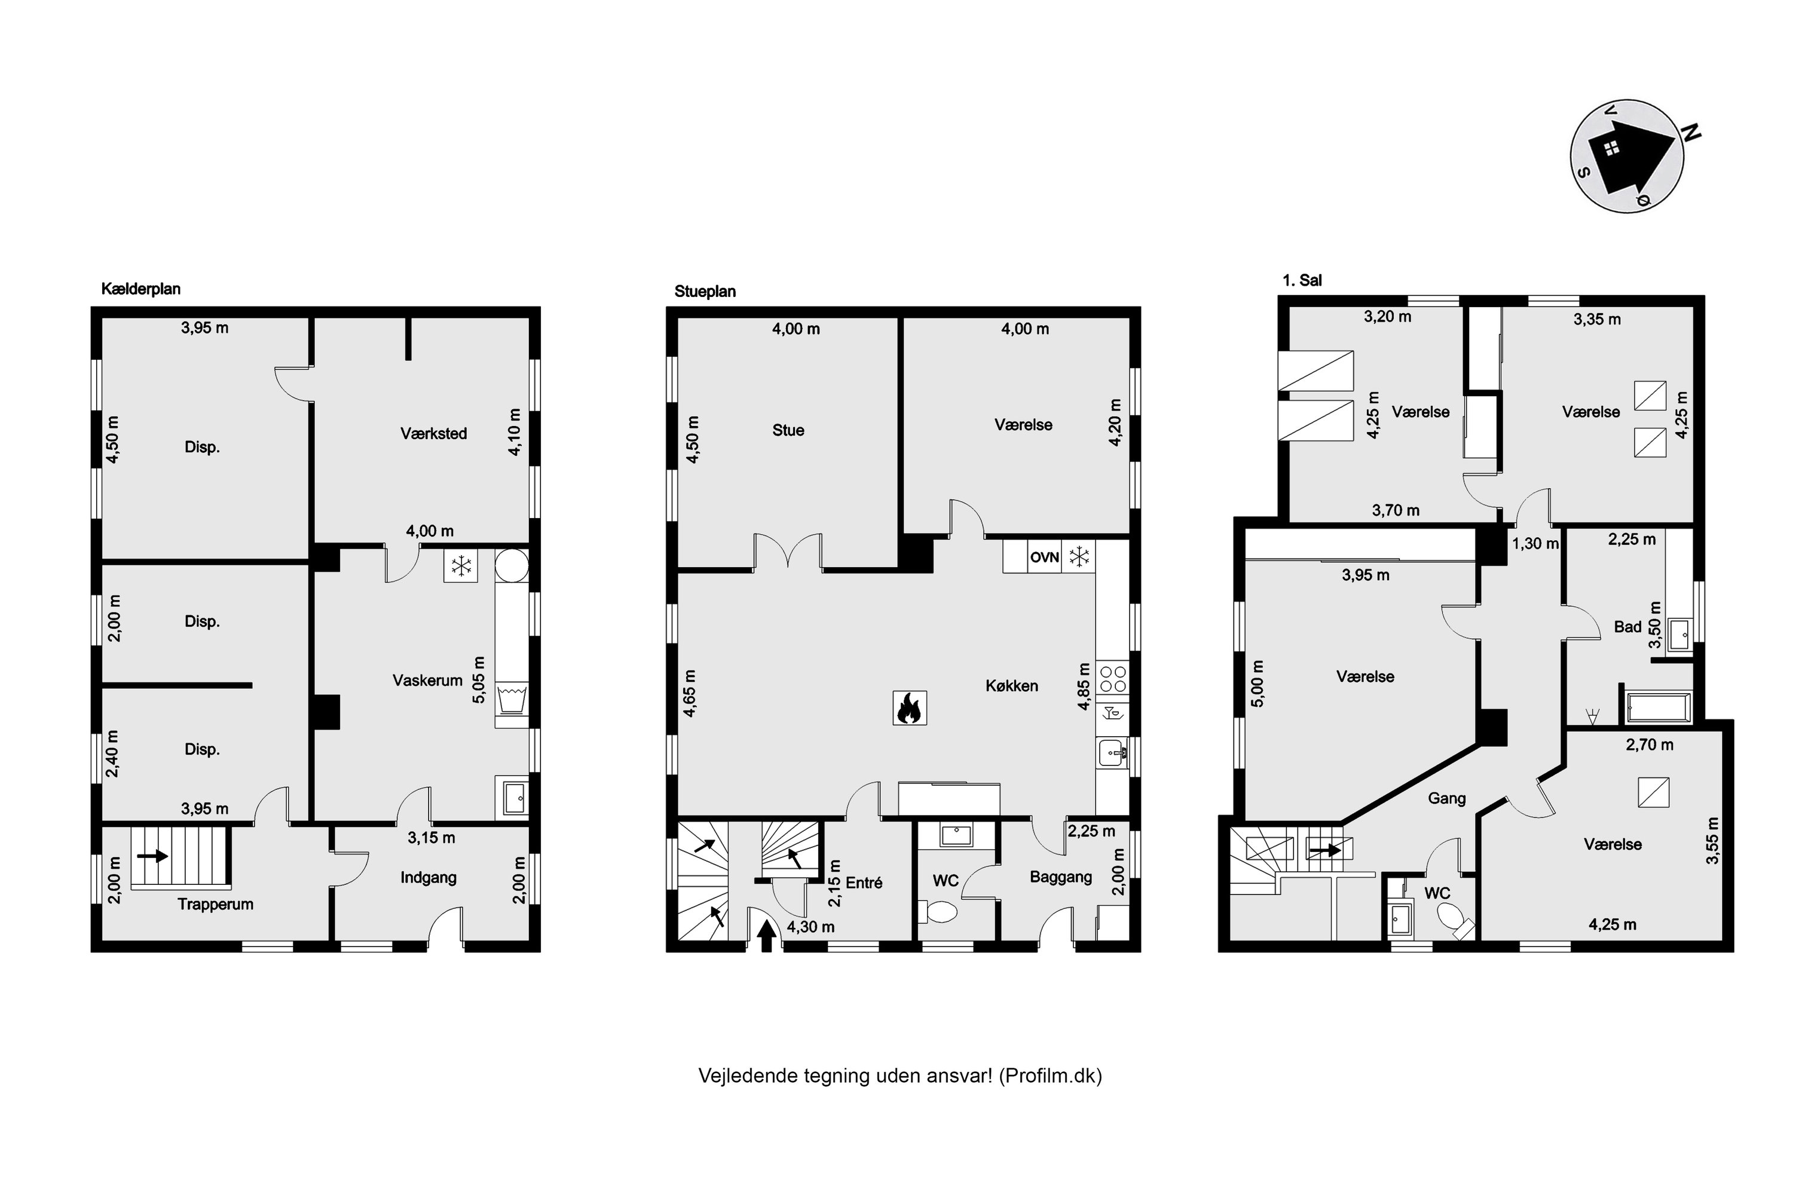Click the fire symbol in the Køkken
[910, 707]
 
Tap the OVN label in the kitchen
[1044, 557]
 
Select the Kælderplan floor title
[141, 289]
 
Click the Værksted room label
[434, 433]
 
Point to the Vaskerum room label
[428, 680]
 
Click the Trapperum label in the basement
[216, 904]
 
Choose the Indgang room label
[429, 877]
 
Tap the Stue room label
[788, 430]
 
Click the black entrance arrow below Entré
[767, 935]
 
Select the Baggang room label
[1061, 877]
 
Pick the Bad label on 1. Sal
[1627, 626]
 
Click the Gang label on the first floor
[1447, 798]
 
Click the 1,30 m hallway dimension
[1535, 543]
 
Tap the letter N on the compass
[1691, 133]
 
